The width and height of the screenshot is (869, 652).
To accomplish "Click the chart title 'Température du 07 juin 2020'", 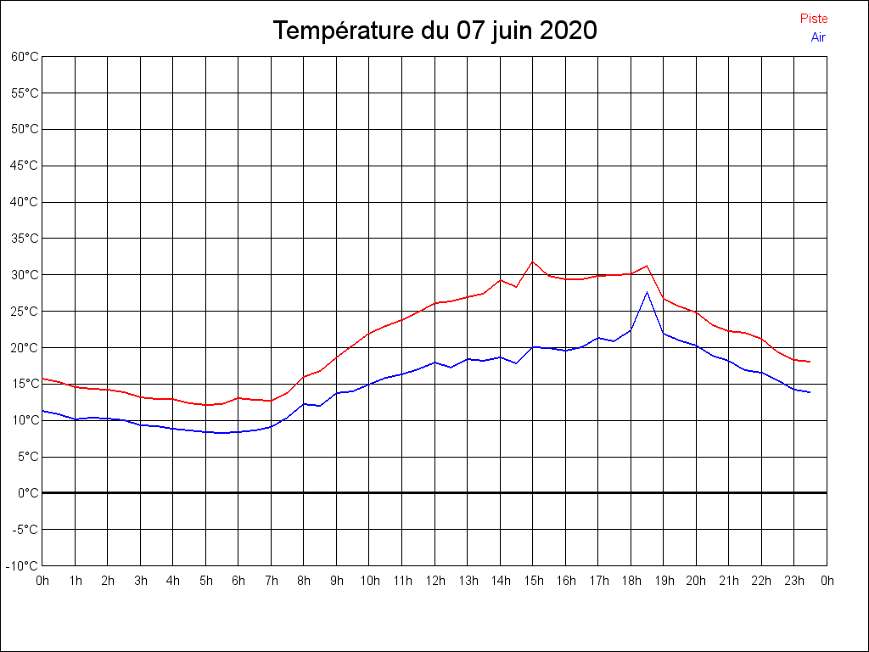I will tap(434, 31).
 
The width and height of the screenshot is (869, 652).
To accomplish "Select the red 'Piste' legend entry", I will tap(814, 19).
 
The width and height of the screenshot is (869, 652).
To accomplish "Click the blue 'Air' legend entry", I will tap(818, 37).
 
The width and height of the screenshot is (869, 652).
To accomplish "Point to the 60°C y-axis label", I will tap(25, 57).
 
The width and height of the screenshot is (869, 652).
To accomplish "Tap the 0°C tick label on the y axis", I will tap(28, 493).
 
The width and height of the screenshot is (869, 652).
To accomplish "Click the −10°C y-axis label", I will tap(24, 565).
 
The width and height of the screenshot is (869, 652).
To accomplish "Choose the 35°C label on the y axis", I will tap(25, 239).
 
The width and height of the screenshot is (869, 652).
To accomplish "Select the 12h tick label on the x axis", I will tap(434, 582).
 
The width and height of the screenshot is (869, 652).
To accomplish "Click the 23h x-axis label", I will tap(794, 582).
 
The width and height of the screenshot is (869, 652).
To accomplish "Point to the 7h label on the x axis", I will tap(271, 582).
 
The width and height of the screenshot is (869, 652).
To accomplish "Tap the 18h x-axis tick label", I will tap(631, 582).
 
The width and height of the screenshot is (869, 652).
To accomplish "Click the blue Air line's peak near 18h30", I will tap(648, 292).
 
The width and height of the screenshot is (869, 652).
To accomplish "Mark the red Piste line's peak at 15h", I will tap(533, 261).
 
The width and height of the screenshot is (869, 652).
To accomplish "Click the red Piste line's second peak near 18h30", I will tap(648, 266).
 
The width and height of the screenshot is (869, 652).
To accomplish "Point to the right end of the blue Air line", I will tap(810, 392).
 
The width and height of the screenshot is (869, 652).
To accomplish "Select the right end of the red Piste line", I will tap(810, 362).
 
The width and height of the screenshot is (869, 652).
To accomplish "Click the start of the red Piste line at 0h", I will tap(42, 379).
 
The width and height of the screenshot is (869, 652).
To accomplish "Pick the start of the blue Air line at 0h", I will tap(42, 411).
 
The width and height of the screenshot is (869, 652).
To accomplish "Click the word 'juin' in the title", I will tap(513, 31).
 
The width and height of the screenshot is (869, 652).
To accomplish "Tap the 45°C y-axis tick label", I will tap(25, 166).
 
